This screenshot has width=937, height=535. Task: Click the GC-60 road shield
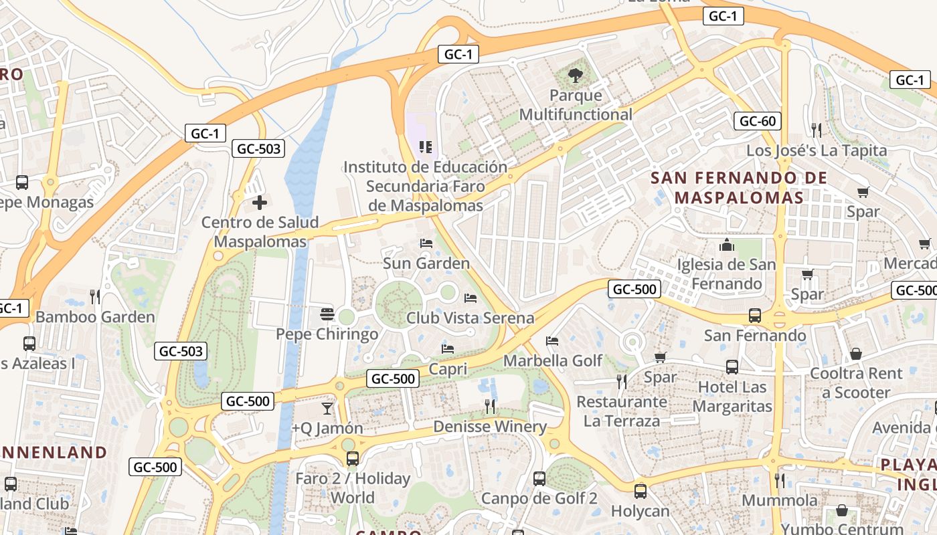[758, 121]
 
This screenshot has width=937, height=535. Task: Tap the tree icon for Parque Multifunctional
[575, 76]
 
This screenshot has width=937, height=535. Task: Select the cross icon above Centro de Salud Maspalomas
[260, 202]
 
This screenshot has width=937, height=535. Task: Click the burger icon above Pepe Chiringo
[327, 314]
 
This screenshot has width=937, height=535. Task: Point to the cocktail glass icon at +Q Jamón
[327, 408]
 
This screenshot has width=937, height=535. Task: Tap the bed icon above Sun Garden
[426, 243]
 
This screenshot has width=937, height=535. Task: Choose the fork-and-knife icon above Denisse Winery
[490, 406]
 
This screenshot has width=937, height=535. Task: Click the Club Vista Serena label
[471, 318]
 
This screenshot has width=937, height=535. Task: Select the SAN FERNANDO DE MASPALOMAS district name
[734, 188]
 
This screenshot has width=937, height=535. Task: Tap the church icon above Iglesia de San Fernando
[727, 245]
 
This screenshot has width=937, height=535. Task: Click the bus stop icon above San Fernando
[754, 315]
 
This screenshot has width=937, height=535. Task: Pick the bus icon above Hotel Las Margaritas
[732, 366]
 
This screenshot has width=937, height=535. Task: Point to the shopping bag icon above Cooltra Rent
[855, 353]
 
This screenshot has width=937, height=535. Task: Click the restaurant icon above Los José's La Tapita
[816, 130]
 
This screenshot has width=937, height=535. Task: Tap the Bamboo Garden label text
[95, 317]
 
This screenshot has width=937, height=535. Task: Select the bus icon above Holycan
[640, 491]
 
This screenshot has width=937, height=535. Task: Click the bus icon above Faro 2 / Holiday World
[352, 459]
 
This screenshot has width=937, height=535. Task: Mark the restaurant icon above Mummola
[779, 480]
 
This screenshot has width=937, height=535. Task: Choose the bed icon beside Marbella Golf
[551, 341]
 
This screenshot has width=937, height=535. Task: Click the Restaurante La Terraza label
[622, 411]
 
